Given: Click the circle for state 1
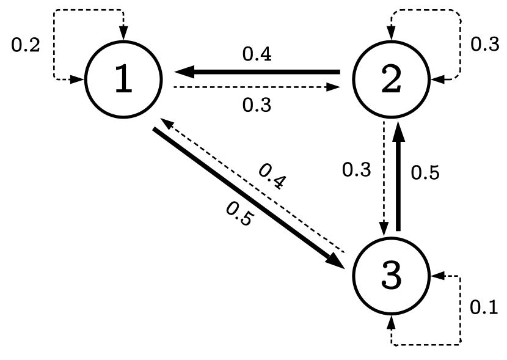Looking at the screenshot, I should (x=124, y=80).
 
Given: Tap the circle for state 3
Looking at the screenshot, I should (x=392, y=276).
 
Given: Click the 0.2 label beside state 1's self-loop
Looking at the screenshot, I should (x=26, y=45).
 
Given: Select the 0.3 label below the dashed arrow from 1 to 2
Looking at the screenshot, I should (x=257, y=105).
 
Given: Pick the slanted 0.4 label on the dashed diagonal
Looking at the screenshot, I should (x=271, y=178).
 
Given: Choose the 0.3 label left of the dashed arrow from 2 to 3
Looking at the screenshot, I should (x=356, y=171).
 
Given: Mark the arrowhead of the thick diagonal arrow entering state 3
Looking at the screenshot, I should (x=336, y=257).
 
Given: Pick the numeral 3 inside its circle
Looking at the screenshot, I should (x=392, y=276).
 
